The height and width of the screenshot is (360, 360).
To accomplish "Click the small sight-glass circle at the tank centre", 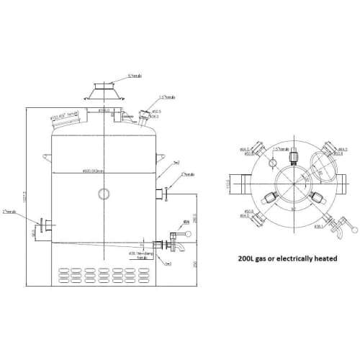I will pos(105,194).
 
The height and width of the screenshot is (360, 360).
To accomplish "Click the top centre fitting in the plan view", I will pos(294,158).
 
